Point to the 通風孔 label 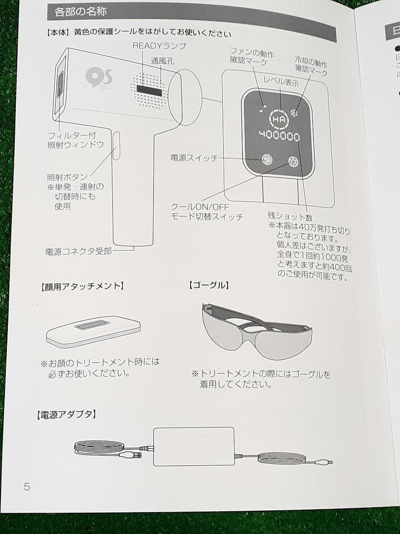pos(162,61)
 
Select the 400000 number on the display pos(280,136)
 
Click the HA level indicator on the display pos(277,119)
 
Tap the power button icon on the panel pos(266,160)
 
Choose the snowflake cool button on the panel pos(293,162)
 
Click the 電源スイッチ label pos(194,157)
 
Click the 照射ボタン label pos(67,177)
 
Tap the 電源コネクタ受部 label pos(79,252)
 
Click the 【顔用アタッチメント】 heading pos(81,286)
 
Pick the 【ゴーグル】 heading pos(209,285)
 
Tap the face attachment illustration pos(93,331)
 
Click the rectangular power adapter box pos(193,446)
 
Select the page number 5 pos(27,487)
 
